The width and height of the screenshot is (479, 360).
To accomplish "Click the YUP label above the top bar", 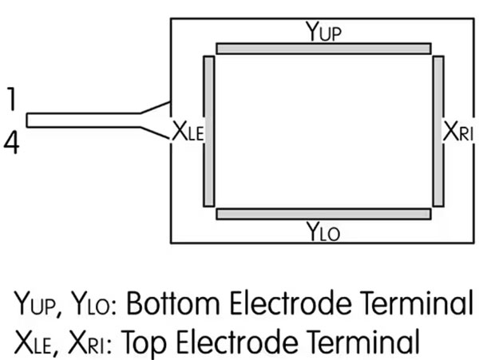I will click(x=324, y=32).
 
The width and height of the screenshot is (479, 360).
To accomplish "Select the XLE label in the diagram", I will click(x=188, y=132).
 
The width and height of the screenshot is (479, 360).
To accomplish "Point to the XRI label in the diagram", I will click(x=460, y=132).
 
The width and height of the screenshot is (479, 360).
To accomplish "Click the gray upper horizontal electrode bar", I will click(x=324, y=49).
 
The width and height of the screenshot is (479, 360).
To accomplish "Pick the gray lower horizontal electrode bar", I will click(x=324, y=213).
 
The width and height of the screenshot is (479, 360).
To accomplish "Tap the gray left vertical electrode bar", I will click(x=209, y=131).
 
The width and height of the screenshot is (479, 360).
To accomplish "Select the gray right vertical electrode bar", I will click(x=437, y=131).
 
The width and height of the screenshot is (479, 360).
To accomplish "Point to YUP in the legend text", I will click(x=36, y=306).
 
